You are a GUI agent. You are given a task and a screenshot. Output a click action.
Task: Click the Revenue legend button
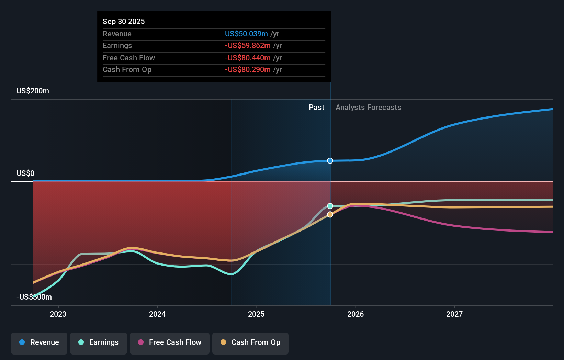pyautogui.click(x=39, y=342)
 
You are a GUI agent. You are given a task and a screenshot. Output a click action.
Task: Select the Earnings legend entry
pyautogui.click(x=99, y=342)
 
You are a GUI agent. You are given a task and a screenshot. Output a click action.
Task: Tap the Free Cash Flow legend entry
pyautogui.click(x=170, y=342)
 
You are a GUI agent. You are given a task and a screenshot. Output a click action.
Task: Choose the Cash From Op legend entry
pyautogui.click(x=250, y=342)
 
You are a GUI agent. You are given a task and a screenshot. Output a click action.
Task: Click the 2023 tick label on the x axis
pyautogui.click(x=58, y=314)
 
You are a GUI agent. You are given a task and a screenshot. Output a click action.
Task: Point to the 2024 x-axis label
pyautogui.click(x=157, y=314)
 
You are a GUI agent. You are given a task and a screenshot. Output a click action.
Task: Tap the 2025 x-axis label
pyautogui.click(x=256, y=314)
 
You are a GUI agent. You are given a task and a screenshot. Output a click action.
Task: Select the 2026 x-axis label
pyautogui.click(x=356, y=314)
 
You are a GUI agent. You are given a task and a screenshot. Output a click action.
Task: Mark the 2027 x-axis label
pyautogui.click(x=454, y=314)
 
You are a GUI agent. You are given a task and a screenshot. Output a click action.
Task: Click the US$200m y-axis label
pyautogui.click(x=33, y=91)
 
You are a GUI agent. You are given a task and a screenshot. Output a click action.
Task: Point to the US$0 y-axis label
pyautogui.click(x=25, y=173)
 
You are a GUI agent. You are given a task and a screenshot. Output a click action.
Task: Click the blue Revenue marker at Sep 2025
pyautogui.click(x=330, y=161)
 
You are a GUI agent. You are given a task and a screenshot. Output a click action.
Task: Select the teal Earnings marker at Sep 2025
pyautogui.click(x=330, y=206)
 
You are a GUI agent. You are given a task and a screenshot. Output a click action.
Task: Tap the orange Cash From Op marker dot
pyautogui.click(x=330, y=214)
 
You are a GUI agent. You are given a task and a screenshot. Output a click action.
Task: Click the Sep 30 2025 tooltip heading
pyautogui.click(x=124, y=21)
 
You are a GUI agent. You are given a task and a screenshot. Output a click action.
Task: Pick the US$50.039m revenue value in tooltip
pyautogui.click(x=246, y=34)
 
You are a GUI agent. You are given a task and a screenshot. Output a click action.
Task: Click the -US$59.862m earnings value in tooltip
pyautogui.click(x=248, y=46)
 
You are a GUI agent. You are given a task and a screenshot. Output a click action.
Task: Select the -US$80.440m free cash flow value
pyautogui.click(x=248, y=58)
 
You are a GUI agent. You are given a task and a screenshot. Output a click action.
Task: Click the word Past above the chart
pyautogui.click(x=316, y=108)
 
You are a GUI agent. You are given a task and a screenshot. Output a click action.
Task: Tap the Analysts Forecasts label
pyautogui.click(x=368, y=108)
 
